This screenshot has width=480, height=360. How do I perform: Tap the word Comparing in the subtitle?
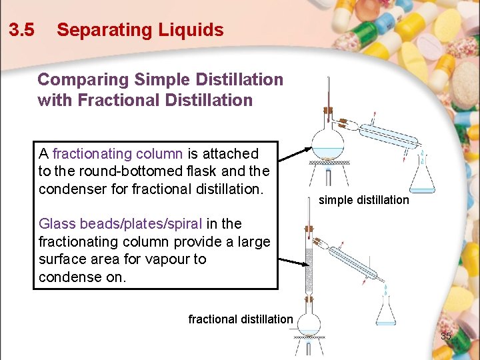pyautogui.click(x=83, y=80)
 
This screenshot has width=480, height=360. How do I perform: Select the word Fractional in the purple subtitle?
pyautogui.click(x=117, y=101)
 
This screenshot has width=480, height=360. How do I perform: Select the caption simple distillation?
pyautogui.click(x=364, y=200)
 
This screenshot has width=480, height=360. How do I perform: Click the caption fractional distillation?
pyautogui.click(x=240, y=319)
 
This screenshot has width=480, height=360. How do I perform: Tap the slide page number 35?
pyautogui.click(x=446, y=337)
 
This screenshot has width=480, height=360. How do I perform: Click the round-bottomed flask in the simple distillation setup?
pyautogui.click(x=328, y=142)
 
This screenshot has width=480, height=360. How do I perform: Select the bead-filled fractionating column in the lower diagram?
pyautogui.click(x=309, y=270)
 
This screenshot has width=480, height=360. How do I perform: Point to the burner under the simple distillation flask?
pyautogui.click(x=328, y=176)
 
